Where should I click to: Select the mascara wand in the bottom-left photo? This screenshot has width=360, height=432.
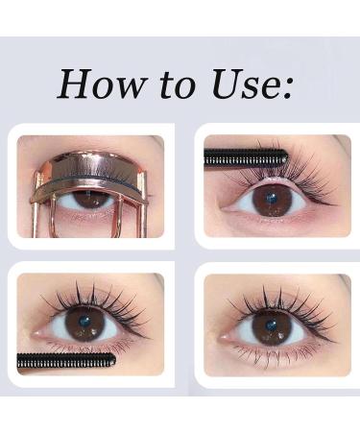coord(67,361)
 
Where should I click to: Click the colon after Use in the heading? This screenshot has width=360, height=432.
coord(287,89)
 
